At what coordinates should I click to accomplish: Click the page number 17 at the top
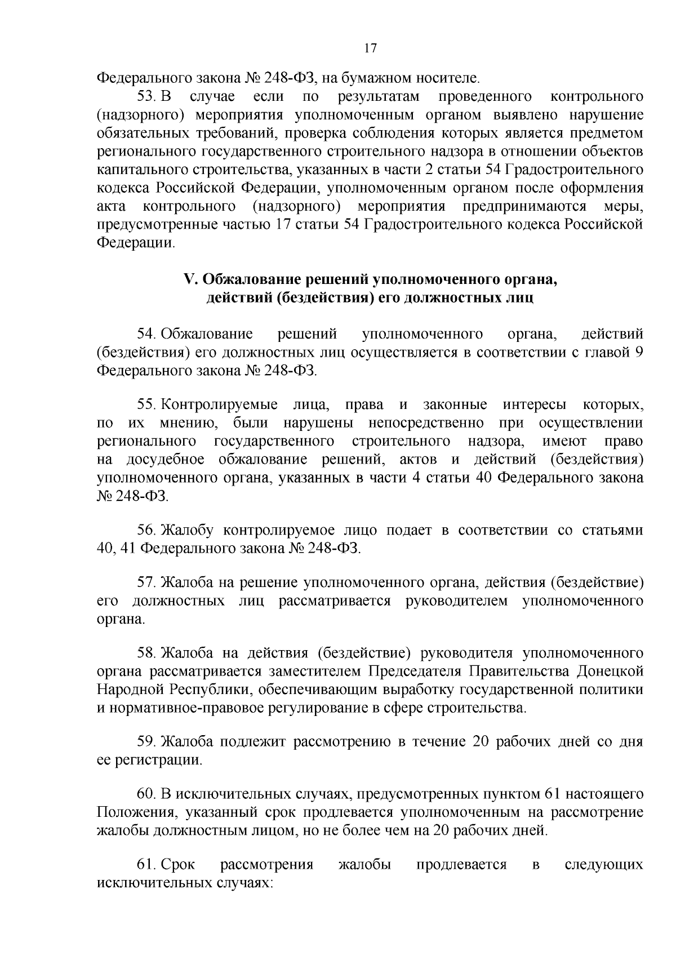370,48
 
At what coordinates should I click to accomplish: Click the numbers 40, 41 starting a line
115,548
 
